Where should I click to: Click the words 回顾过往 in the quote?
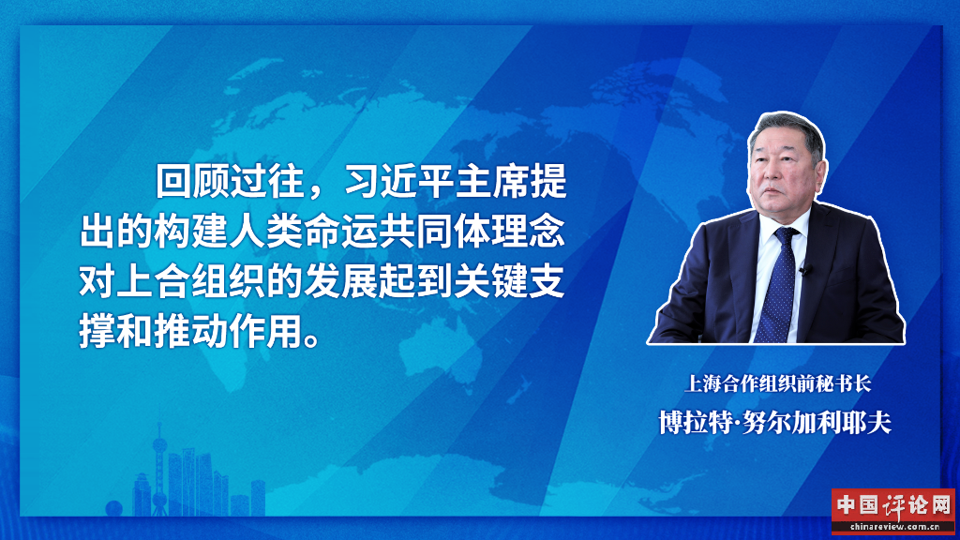(231, 181)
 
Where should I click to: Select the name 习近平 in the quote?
(400, 181)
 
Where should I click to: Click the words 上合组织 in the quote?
(191, 281)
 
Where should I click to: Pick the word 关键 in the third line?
(490, 281)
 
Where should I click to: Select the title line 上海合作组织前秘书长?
(777, 383)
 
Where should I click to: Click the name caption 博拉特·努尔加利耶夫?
(775, 423)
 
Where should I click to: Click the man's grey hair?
(787, 127)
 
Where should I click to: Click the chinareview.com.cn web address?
(893, 527)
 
